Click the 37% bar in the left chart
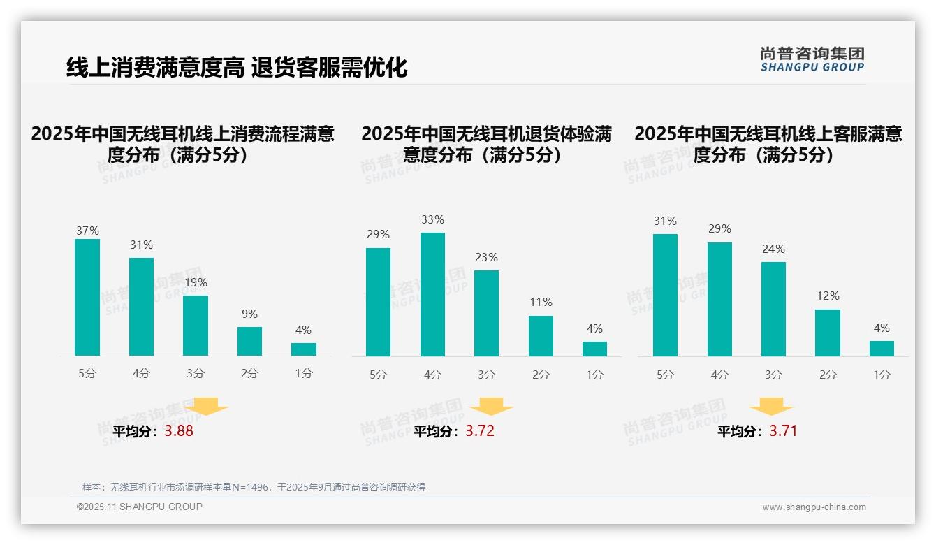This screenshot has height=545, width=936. pos(87,298)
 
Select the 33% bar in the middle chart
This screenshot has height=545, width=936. pos(432,294)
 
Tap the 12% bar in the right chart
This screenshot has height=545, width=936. pos(828,333)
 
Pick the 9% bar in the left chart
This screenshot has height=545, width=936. pos(249,341)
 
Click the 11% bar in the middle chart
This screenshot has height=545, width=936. pos(541,336)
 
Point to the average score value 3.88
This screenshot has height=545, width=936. pos(179,431)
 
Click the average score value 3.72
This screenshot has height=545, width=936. pos(480,431)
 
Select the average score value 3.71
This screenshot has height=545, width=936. pos(783,431)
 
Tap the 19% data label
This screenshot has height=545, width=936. pos(196,283)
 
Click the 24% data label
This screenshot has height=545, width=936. pos(773,249)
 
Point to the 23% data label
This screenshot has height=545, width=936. pos(486,257)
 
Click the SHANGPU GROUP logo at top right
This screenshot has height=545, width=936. pos(812,59)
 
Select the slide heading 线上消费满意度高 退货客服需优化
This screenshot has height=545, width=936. pos(237,68)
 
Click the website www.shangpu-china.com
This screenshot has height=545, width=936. pos(814,507)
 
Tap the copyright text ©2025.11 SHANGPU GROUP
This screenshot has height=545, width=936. pos(140,507)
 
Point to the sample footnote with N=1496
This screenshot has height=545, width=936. pos(254,487)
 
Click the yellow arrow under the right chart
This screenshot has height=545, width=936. pos(771,407)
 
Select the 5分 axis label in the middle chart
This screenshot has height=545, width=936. pos(378,375)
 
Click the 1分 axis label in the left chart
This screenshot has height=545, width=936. pos(304,373)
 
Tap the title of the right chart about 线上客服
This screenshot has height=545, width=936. pos(768,144)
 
